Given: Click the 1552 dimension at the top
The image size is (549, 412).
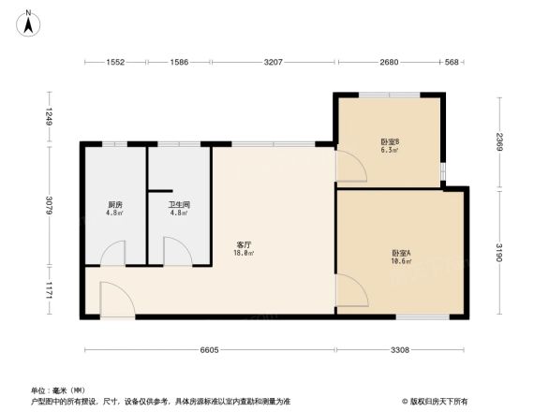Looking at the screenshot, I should [x=115, y=63].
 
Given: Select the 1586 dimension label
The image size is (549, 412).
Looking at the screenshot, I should [x=180, y=63].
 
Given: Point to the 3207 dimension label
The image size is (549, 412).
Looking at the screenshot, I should [x=274, y=63].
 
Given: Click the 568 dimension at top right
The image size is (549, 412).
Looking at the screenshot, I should [x=452, y=63].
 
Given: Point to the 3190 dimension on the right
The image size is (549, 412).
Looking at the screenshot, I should [x=500, y=253].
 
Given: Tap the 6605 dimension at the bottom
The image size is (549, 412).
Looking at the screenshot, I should [x=210, y=349].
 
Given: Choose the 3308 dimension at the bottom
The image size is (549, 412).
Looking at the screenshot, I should [x=400, y=349].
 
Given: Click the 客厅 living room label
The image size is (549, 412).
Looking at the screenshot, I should [x=244, y=248].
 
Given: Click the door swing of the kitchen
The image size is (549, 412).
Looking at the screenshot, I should [x=112, y=253].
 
